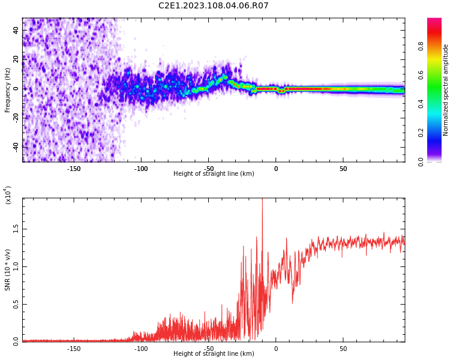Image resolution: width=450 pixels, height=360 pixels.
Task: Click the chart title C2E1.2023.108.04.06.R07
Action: [214, 6]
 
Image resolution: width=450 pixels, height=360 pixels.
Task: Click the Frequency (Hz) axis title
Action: [8, 90]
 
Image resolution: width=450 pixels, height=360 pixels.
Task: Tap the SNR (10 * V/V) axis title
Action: [8, 270]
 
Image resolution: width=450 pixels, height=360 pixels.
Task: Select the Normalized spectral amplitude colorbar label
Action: [446, 90]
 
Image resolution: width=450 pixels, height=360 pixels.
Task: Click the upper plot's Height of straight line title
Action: [214, 174]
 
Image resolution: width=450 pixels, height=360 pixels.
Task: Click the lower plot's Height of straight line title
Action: [214, 354]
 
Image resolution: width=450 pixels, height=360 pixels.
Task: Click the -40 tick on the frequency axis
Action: [16, 147]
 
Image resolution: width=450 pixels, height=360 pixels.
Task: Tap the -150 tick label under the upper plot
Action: [73, 169]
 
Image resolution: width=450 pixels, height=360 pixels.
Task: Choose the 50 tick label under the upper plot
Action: [343, 169]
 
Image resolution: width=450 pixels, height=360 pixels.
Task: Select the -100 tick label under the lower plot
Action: [141, 348]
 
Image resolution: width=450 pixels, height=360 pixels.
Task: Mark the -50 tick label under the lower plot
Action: [208, 348]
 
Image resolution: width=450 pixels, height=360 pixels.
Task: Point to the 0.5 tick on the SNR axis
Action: [16, 304]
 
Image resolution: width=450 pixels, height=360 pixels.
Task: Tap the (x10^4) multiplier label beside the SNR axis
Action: [8, 195]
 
